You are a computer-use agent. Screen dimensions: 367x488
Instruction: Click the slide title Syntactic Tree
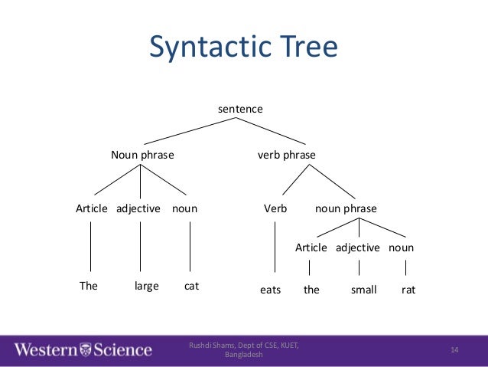243,48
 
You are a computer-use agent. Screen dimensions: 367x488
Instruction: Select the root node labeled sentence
240,109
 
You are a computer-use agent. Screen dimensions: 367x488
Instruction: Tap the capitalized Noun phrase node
142,155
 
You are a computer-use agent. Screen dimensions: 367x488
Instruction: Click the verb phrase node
286,155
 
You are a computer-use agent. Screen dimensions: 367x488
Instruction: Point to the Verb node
275,208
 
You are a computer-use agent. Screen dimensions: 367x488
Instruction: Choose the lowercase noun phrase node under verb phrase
346,208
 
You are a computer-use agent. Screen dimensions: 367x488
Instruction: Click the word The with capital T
89,286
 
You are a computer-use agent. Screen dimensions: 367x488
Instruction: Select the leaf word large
146,286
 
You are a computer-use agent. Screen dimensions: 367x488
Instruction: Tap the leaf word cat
191,286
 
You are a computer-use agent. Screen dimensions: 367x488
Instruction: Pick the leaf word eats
271,290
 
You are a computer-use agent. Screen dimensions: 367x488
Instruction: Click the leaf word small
363,290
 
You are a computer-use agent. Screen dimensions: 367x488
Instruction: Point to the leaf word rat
408,290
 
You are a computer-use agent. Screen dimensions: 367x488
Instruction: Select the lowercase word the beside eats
311,290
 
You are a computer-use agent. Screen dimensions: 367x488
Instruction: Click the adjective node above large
138,208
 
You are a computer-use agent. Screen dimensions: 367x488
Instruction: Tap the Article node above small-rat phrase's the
311,247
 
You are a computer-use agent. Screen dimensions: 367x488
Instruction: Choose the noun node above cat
184,208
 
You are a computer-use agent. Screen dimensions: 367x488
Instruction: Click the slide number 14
454,350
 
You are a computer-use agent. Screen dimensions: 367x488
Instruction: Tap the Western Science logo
83,350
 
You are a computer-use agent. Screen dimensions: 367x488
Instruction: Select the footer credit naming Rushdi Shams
244,350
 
